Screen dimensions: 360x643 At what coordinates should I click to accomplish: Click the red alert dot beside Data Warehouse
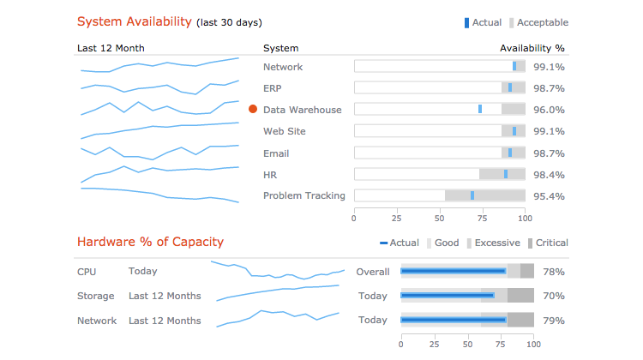pos(253,110)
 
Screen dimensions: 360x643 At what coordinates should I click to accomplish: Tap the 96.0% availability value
pos(549,110)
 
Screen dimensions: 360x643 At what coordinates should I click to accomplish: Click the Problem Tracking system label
pos(304,196)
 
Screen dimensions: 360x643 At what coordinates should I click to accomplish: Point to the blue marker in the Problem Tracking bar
pos(472,195)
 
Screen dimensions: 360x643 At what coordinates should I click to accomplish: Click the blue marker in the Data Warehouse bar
pos(480,109)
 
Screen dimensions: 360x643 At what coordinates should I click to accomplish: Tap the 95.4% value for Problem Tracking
pos(549,196)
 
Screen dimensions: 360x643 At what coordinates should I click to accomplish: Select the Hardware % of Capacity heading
pos(150,243)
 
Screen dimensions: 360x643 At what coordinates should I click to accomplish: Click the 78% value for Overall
pos(554,272)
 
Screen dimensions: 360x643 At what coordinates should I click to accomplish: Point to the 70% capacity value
pos(554,296)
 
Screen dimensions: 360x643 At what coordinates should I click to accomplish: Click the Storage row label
pos(95,296)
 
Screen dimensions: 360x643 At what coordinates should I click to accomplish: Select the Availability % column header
pos(532,48)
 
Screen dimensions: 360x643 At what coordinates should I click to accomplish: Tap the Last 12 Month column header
pos(111,48)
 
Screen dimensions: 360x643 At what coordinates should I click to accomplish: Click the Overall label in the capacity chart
pos(373,272)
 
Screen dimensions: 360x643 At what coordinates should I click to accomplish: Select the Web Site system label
pos(285,131)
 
